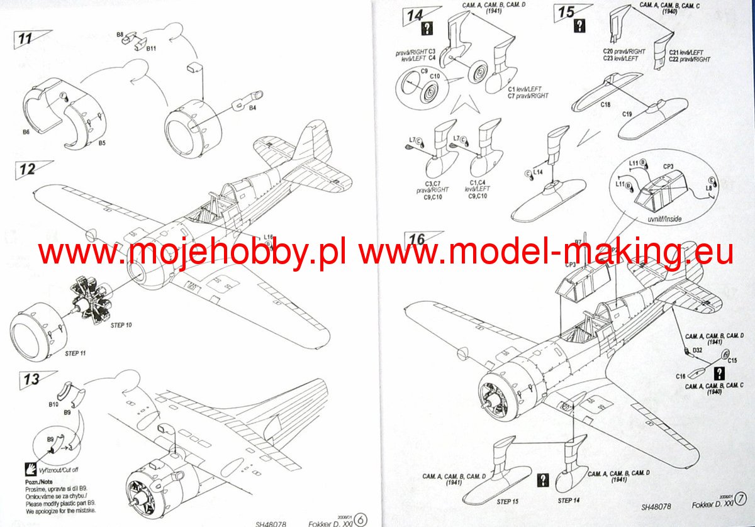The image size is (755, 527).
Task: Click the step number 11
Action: [25, 38]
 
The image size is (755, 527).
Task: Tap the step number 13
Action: [31, 379]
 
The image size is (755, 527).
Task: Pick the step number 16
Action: [417, 240]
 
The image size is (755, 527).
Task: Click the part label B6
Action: [26, 133]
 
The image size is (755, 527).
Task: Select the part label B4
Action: [252, 109]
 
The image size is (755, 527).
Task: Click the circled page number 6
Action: [361, 519]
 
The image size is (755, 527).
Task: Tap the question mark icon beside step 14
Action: [428, 28]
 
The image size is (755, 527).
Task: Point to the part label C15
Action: [732, 360]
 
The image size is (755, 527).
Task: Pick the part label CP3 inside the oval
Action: [669, 167]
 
